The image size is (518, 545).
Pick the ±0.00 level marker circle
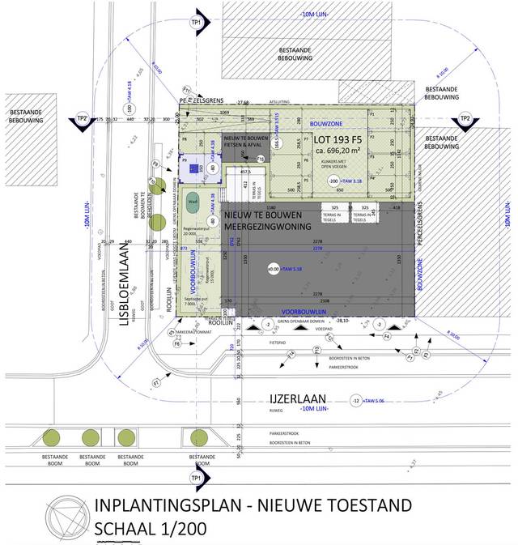pos(274,268)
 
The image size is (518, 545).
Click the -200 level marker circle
pos(332,181)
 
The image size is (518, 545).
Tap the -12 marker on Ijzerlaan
pos(355,401)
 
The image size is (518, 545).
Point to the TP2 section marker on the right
pos(465,119)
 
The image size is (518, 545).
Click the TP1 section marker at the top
pos(196,21)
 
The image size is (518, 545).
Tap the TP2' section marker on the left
pos(82,119)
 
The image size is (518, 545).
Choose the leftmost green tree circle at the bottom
pos(51,437)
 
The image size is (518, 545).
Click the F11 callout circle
pos(186,89)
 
